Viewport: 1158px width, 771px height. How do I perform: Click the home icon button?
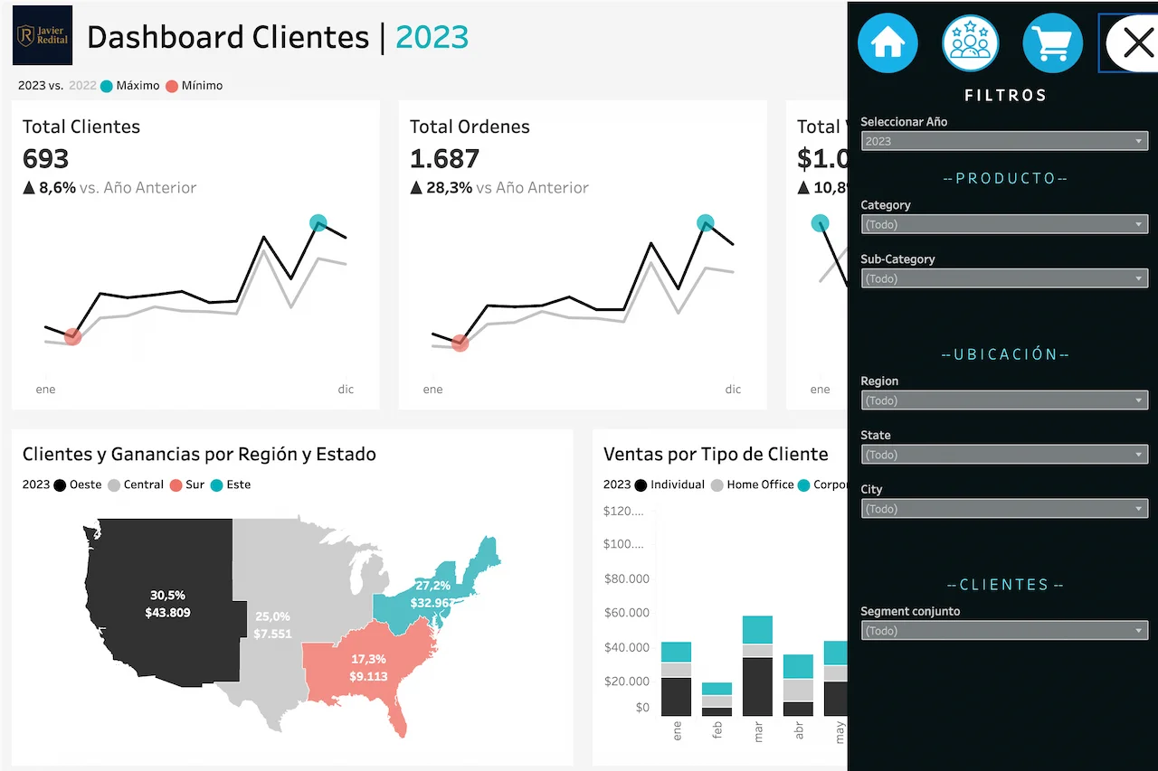click(x=887, y=42)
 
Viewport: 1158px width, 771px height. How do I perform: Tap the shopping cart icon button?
click(x=1052, y=42)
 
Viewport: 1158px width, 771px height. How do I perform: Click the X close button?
click(x=1136, y=42)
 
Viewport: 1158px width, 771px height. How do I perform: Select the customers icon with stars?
click(x=970, y=42)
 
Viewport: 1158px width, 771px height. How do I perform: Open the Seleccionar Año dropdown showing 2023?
click(x=1004, y=141)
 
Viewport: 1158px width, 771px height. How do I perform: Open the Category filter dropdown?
click(x=1004, y=224)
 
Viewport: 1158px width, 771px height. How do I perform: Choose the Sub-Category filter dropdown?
click(x=1004, y=278)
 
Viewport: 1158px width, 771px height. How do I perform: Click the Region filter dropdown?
click(x=1004, y=400)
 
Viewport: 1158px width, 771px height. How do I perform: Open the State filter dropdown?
click(x=1004, y=455)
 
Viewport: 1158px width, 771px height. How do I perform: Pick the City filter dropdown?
click(x=1004, y=509)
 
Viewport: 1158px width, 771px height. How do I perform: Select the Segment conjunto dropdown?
click(x=1004, y=631)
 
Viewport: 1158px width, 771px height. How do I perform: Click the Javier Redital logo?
click(x=43, y=35)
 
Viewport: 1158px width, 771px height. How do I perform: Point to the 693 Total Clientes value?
click(x=46, y=159)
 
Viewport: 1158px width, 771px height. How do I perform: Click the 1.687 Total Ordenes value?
click(x=444, y=159)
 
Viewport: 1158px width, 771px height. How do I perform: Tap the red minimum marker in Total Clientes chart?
click(x=73, y=337)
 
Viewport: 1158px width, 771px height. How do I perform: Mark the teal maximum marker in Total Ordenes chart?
click(x=706, y=222)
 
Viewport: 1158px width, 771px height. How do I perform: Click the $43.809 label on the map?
click(x=167, y=613)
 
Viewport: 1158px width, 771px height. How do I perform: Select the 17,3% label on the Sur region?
click(x=369, y=660)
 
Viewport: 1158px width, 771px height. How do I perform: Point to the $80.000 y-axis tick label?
click(x=626, y=578)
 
